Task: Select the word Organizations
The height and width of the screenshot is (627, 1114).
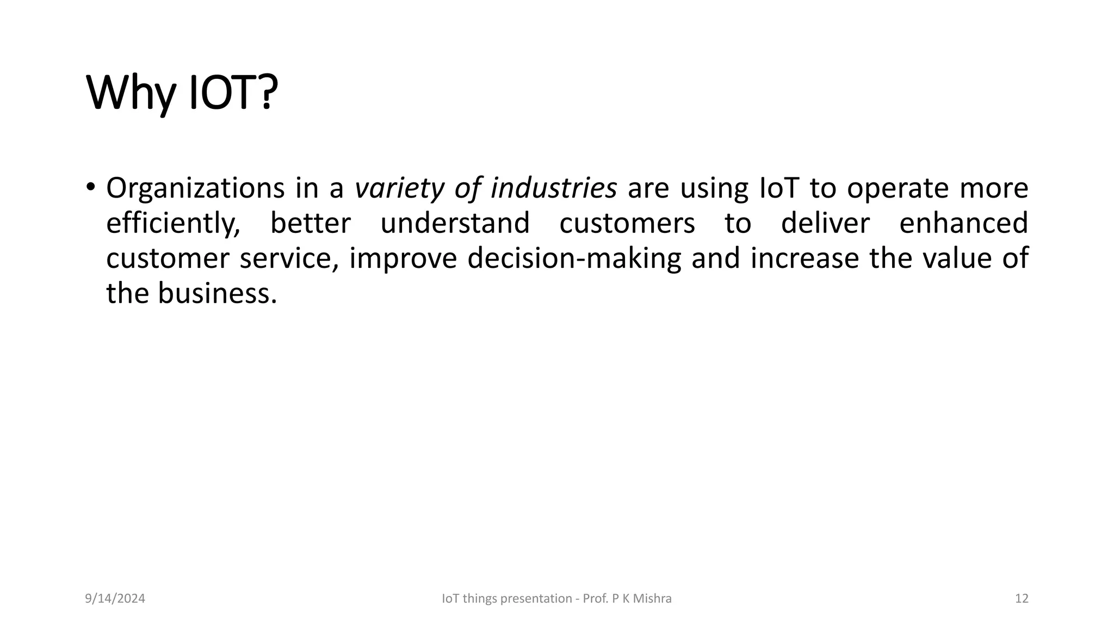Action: coord(195,189)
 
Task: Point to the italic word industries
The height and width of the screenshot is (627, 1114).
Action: coord(553,188)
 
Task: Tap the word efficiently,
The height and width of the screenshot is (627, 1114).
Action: coord(173,224)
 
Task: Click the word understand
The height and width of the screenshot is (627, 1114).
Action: coord(455,223)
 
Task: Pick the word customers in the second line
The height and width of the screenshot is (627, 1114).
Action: coord(627,223)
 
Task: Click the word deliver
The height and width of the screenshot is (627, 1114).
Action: coord(825,223)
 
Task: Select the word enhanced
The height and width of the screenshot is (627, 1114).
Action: coord(963,223)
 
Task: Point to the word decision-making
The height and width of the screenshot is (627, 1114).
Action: coord(574,259)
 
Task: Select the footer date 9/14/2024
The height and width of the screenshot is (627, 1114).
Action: coord(115,599)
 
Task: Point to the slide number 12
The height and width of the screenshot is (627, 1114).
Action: coord(1022,599)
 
